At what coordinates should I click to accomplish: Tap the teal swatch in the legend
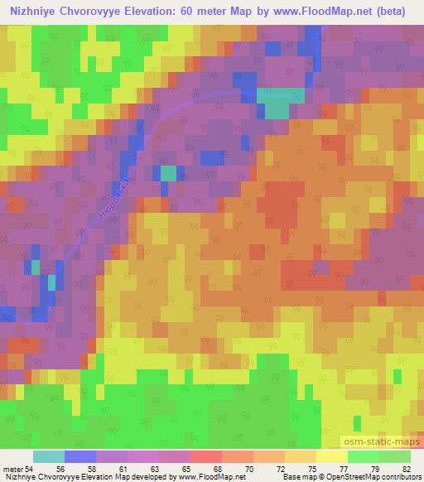pos(49,456)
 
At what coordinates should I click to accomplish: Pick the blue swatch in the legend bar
pos(80,456)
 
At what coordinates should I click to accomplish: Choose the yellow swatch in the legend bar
pos(332,456)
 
